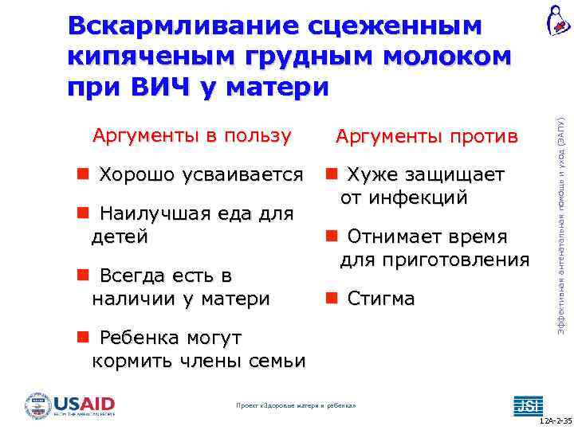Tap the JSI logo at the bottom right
527,405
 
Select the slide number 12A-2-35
555,420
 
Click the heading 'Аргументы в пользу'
192,135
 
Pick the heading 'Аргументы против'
427,137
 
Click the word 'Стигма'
381,299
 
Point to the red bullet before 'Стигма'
331,299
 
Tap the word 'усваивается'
243,174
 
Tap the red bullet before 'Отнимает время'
331,236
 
